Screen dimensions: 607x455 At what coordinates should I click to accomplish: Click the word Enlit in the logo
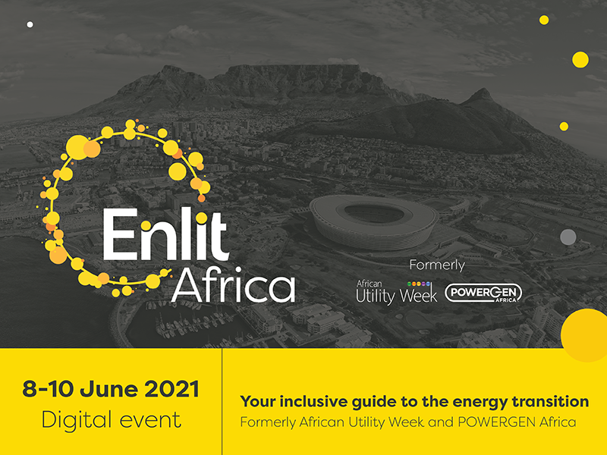[x=165, y=234]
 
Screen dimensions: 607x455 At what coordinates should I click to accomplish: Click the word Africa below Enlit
[x=234, y=284]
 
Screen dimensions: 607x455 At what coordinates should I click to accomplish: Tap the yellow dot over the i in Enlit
[x=201, y=218]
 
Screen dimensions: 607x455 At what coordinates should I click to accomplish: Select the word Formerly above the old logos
[x=437, y=266]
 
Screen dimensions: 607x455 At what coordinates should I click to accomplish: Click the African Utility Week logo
[x=396, y=292]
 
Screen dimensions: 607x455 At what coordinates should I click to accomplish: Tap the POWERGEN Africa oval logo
[x=483, y=293]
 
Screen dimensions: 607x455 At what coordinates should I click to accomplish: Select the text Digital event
[x=111, y=420]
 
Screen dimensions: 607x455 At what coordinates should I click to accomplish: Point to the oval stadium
[x=374, y=221]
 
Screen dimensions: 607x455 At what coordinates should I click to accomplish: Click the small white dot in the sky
[x=30, y=24]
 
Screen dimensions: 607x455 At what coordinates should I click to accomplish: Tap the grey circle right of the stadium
[x=568, y=237]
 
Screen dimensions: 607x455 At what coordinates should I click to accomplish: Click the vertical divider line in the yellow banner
[x=222, y=402]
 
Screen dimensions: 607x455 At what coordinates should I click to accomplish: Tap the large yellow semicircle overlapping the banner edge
[x=584, y=335]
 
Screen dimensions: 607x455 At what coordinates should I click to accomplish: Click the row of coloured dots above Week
[x=419, y=284]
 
